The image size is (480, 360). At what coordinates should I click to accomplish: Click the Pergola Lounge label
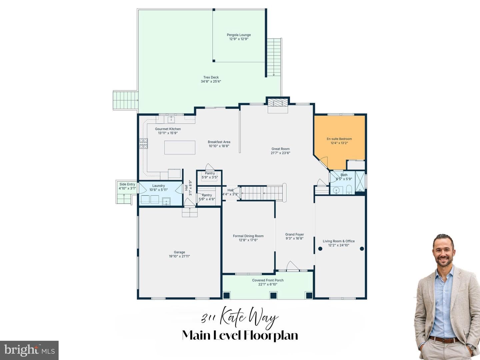pyautogui.click(x=239, y=35)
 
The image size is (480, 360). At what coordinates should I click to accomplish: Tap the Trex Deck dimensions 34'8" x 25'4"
pyautogui.click(x=211, y=82)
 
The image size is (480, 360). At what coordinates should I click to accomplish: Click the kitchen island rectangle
pyautogui.click(x=180, y=148)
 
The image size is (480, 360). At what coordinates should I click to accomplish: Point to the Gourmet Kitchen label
pyautogui.click(x=168, y=129)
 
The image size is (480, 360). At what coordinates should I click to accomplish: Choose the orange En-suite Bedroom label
pyautogui.click(x=339, y=139)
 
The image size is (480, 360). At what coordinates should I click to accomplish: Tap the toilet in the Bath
pyautogui.click(x=349, y=189)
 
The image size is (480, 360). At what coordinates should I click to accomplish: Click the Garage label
pyautogui.click(x=179, y=252)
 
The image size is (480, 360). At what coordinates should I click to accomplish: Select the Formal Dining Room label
pyautogui.click(x=248, y=236)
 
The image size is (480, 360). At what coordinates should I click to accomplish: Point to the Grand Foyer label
pyautogui.click(x=295, y=234)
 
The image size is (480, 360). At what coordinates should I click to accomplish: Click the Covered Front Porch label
pyautogui.click(x=268, y=280)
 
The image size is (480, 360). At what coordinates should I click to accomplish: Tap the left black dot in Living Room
pyautogui.click(x=320, y=249)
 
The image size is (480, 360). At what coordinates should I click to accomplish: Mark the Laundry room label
pyautogui.click(x=158, y=186)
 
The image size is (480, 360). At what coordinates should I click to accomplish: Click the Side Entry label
pyautogui.click(x=127, y=184)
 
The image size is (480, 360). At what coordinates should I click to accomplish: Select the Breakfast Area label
pyautogui.click(x=219, y=142)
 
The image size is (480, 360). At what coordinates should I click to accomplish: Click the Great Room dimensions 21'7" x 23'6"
pyautogui.click(x=280, y=153)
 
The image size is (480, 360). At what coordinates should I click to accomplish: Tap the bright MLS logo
pyautogui.click(x=29, y=350)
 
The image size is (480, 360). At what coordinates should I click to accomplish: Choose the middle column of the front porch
pyautogui.click(x=273, y=295)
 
